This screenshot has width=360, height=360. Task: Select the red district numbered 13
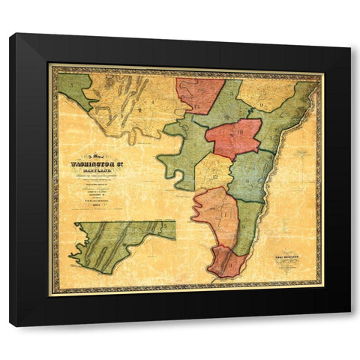tap(199, 94)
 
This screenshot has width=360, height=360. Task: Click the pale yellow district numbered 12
tap(213, 171)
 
